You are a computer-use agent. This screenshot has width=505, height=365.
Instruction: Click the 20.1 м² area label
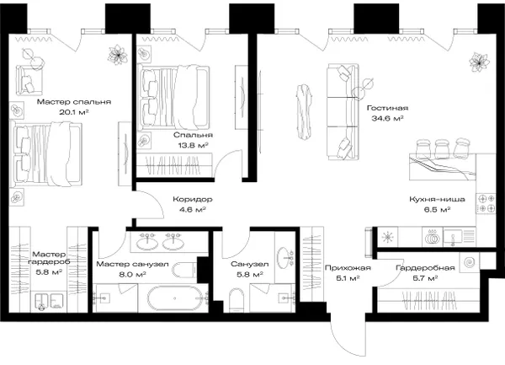[x=74, y=112]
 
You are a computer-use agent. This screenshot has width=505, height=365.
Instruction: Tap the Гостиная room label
[x=387, y=108]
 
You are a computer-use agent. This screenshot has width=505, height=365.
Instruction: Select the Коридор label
[x=193, y=199]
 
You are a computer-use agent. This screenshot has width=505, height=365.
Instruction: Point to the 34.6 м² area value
[x=387, y=118]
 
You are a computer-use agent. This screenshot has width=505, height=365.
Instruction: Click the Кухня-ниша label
[x=437, y=199]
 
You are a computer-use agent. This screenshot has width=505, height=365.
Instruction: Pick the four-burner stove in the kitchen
[x=486, y=203]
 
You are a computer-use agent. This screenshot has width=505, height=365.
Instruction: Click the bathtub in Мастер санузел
[x=175, y=298]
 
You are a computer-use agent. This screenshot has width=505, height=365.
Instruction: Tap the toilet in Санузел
[x=237, y=300]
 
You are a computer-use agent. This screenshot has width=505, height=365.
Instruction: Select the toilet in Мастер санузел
[x=184, y=270]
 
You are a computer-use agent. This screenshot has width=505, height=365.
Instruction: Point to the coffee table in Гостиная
[x=305, y=111]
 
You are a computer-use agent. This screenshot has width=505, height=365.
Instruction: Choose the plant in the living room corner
[x=479, y=62]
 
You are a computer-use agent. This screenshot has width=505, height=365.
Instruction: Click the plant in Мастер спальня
[x=118, y=55]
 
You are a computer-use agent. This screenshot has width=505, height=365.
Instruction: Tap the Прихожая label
[x=348, y=267]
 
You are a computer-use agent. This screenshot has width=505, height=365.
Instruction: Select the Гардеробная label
[x=425, y=267]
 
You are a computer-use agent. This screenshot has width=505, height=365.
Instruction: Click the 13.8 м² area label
[x=194, y=145]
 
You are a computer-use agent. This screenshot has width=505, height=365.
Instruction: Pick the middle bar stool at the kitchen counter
[x=442, y=148]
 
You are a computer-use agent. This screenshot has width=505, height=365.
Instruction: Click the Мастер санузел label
[x=132, y=265]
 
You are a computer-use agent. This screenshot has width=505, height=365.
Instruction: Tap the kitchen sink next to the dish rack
[x=453, y=237]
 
